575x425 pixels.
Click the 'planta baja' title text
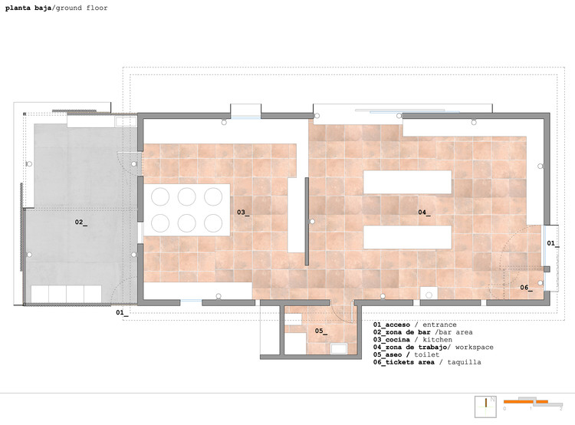coord(28,8)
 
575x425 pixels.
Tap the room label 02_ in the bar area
coord(81,222)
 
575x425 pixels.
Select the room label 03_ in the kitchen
coord(243,212)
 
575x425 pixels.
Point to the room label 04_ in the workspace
coord(424,212)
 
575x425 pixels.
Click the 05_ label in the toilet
coord(321,331)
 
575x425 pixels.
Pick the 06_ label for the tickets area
coord(526,288)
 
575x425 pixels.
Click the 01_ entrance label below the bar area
coord(122,313)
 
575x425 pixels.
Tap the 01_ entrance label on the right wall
coord(553,243)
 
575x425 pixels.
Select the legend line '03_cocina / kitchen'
coord(412,340)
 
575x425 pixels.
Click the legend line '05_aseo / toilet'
coord(406,354)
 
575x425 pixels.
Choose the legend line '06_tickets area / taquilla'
coord(427,362)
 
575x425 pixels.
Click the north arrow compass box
coord(486,407)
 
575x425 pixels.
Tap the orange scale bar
coord(526,402)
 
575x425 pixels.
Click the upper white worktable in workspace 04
coord(407,182)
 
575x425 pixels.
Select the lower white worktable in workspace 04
coord(407,237)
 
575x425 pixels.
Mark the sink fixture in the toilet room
coord(338,348)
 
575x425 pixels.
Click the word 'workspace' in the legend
coord(474,348)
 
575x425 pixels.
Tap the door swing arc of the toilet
coord(340,315)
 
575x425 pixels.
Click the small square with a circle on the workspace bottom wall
coord(429,294)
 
